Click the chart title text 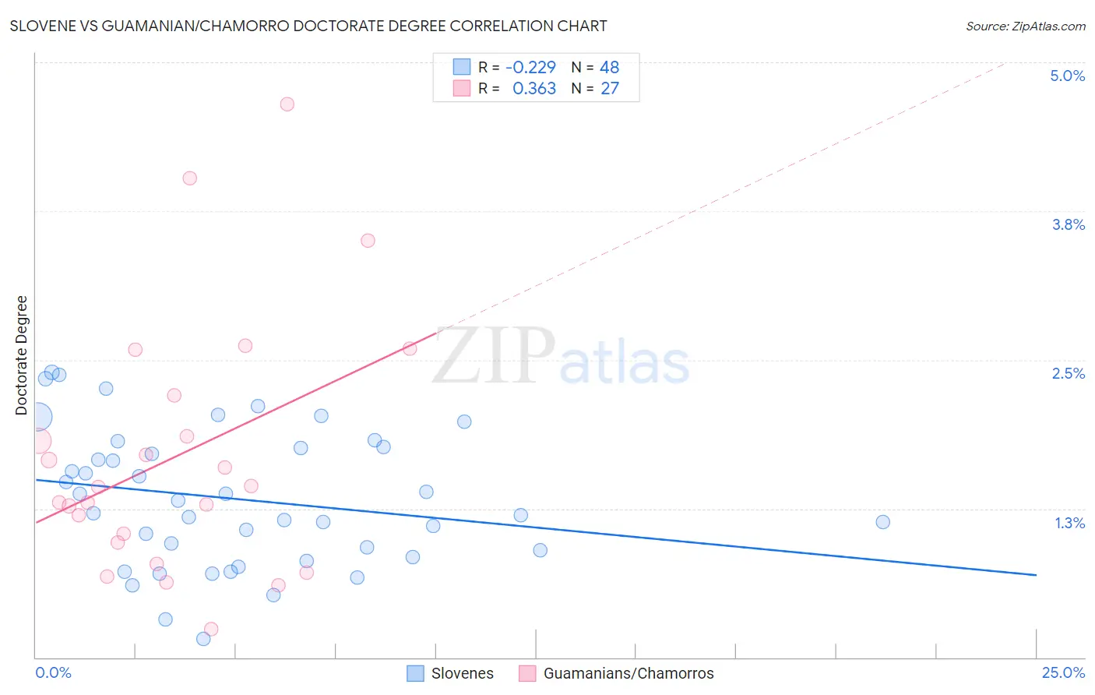pyautogui.click(x=308, y=26)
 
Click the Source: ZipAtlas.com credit pyautogui.click(x=1025, y=26)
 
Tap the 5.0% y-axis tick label pyautogui.click(x=1067, y=76)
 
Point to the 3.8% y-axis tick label pyautogui.click(x=1068, y=224)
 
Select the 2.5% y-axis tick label pyautogui.click(x=1068, y=373)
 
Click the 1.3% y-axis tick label pyautogui.click(x=1069, y=523)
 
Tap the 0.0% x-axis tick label pyautogui.click(x=54, y=672)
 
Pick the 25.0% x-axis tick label pyautogui.click(x=1063, y=672)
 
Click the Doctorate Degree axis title pyautogui.click(x=21, y=355)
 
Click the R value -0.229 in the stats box pyautogui.click(x=530, y=67)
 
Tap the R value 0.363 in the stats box pyautogui.click(x=533, y=88)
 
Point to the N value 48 pyautogui.click(x=609, y=67)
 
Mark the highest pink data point pyautogui.click(x=287, y=104)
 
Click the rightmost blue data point pyautogui.click(x=882, y=522)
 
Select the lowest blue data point pyautogui.click(x=203, y=639)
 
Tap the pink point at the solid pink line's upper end pyautogui.click(x=410, y=348)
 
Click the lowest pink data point pyautogui.click(x=211, y=629)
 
